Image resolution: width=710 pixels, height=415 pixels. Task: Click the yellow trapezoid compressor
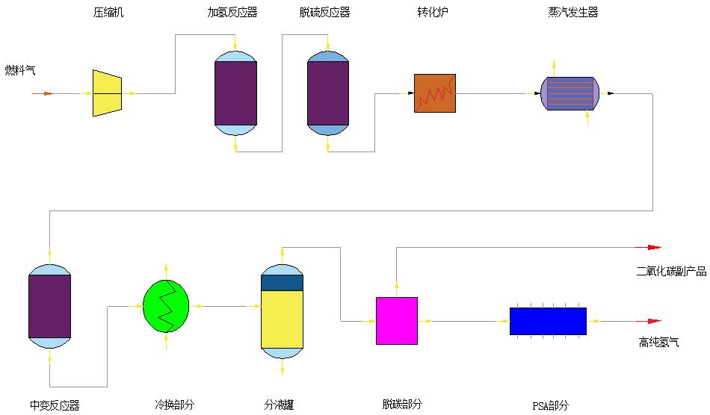click(107, 93)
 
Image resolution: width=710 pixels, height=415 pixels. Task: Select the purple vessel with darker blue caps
click(328, 93)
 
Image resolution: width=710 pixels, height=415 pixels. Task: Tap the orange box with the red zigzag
click(435, 93)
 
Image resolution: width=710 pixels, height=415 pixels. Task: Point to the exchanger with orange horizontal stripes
click(570, 93)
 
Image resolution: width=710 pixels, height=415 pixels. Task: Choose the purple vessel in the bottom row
click(49, 306)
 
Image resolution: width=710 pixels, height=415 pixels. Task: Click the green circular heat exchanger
click(166, 306)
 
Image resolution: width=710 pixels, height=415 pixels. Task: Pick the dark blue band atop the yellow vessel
click(282, 283)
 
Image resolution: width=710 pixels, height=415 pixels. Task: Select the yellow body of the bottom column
click(282, 319)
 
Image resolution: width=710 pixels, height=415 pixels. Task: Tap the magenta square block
click(396, 321)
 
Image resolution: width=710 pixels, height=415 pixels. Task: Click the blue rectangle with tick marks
click(548, 321)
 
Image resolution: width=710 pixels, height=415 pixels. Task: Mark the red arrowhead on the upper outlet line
click(654, 247)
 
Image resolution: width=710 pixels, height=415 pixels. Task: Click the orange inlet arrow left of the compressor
click(47, 93)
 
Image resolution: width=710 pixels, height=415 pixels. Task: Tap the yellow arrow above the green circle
click(166, 270)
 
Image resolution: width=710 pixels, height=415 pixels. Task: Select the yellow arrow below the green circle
click(166, 341)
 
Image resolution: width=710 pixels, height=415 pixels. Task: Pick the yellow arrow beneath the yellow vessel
click(283, 369)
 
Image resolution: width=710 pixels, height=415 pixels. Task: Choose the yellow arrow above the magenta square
click(397, 286)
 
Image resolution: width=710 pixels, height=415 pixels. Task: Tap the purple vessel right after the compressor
click(235, 93)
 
